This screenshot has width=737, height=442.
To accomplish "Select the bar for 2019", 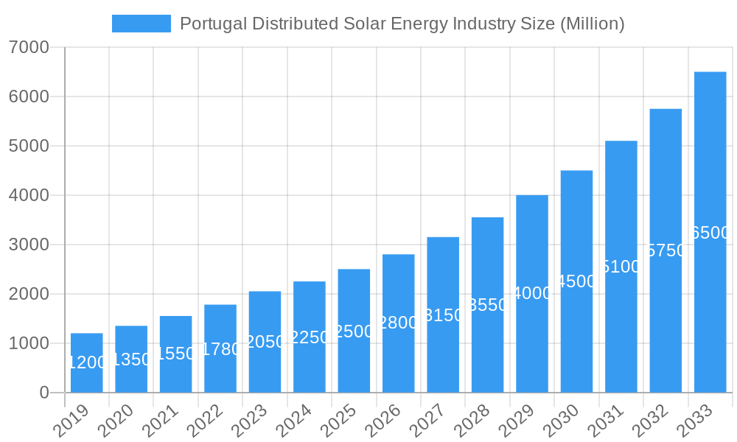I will [x=87, y=362].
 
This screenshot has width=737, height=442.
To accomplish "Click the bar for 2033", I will [x=710, y=232].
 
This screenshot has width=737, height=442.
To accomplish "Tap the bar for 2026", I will [x=398, y=323].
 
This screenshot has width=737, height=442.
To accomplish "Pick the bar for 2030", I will [x=576, y=281].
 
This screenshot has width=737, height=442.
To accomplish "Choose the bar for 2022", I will [x=220, y=348].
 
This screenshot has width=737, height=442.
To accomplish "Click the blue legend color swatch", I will [x=142, y=24].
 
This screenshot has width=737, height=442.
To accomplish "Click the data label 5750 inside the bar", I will [x=666, y=250].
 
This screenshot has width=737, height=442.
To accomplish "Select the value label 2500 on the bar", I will [x=354, y=331].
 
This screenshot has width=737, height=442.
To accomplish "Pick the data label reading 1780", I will [x=220, y=349].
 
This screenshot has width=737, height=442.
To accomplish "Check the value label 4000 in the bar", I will [x=532, y=294].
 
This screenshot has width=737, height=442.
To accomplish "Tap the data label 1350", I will [x=131, y=359].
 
